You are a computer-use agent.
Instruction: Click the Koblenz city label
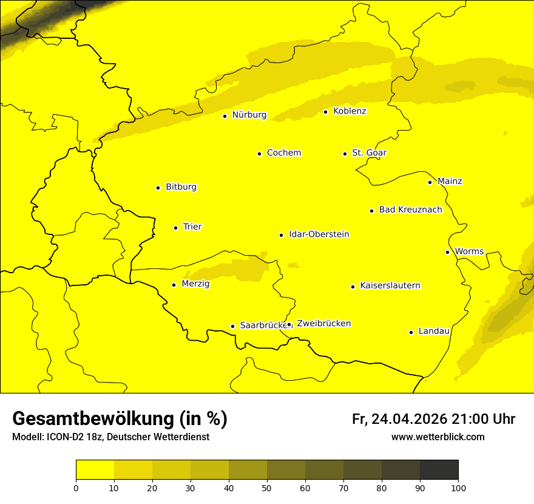[350, 111]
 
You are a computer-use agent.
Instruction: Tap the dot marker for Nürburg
[225, 116]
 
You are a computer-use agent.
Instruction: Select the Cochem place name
[283, 153]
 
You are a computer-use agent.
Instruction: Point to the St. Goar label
[369, 153]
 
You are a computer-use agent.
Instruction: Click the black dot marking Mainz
[430, 182]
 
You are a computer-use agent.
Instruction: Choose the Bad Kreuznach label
[410, 210]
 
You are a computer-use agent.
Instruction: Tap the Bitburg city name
[181, 187]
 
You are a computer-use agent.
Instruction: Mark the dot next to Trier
[175, 228]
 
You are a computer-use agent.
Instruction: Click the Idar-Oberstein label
[319, 234]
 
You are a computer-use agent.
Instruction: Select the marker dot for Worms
[447, 252]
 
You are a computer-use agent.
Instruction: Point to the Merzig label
[195, 284]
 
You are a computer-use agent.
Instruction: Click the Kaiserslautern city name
[390, 286]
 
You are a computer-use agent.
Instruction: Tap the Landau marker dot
[411, 332]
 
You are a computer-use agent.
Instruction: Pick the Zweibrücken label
[323, 324]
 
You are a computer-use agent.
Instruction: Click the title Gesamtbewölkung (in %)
[120, 418]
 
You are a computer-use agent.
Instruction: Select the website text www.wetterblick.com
[438, 437]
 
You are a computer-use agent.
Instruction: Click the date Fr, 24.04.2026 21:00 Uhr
[433, 419]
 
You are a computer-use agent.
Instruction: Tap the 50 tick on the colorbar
[267, 487]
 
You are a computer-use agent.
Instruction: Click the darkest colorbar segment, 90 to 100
[439, 469]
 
